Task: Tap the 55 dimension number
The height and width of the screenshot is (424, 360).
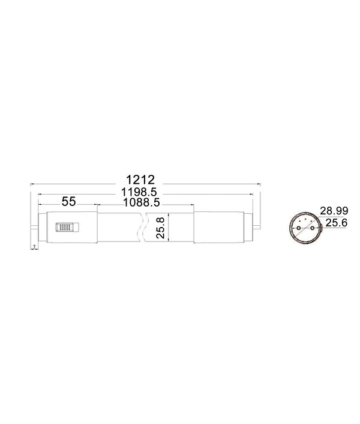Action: click(x=68, y=202)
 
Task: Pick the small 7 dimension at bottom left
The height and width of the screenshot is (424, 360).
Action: click(x=35, y=247)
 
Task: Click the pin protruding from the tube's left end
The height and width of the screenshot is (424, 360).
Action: click(x=34, y=228)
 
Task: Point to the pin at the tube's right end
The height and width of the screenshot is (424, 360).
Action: click(x=257, y=228)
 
